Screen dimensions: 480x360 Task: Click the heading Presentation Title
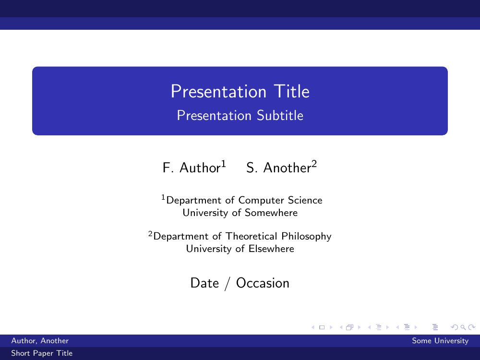pyautogui.click(x=240, y=91)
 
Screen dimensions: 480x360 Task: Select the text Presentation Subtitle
pyautogui.click(x=240, y=115)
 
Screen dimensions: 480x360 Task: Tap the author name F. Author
pyautogui.click(x=192, y=168)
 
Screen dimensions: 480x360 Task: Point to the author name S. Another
pyautogui.click(x=278, y=168)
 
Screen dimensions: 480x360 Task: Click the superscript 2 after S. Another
pyautogui.click(x=314, y=164)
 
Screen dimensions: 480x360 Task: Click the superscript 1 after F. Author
pyautogui.click(x=224, y=164)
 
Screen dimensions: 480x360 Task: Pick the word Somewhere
pyautogui.click(x=271, y=213)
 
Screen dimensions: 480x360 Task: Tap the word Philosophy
pyautogui.click(x=306, y=237)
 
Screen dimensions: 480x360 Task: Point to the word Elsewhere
pyautogui.click(x=271, y=249)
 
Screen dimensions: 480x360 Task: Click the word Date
pyautogui.click(x=204, y=283)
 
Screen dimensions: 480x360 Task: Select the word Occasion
pyautogui.click(x=263, y=283)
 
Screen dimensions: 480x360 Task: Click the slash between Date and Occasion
pyautogui.click(x=227, y=284)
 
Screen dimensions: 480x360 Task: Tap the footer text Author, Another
pyautogui.click(x=40, y=341)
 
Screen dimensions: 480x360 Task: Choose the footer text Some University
pyautogui.click(x=440, y=341)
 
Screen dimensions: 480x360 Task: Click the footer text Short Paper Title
pyautogui.click(x=42, y=353)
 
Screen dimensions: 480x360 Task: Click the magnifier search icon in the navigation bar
pyautogui.click(x=463, y=327)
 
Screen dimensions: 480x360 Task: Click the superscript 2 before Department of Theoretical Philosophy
pyautogui.click(x=150, y=234)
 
